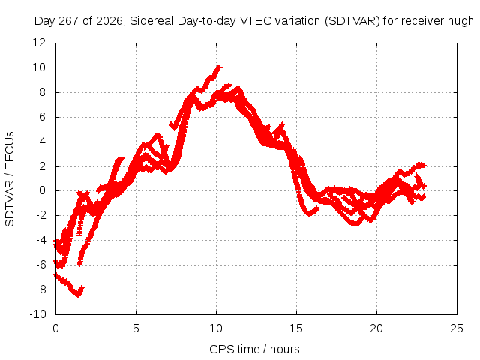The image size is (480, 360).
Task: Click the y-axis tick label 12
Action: (39, 43)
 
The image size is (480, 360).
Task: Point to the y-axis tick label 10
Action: (39, 67)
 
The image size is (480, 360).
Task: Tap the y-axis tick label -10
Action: (37, 314)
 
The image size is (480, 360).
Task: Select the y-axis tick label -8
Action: (41, 289)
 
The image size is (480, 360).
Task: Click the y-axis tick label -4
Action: (41, 240)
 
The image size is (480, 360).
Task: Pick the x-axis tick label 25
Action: (457, 328)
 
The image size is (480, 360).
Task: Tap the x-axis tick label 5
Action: (136, 328)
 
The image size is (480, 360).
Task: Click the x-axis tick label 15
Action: (296, 328)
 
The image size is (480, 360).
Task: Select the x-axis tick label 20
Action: (376, 328)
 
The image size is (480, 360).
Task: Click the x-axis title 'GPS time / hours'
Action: (254, 349)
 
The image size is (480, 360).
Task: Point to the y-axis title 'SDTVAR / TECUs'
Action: (10, 179)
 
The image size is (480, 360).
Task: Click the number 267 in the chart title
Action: (69, 21)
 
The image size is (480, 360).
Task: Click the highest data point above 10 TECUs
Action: (219, 67)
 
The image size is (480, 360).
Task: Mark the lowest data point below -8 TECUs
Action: (78, 295)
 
